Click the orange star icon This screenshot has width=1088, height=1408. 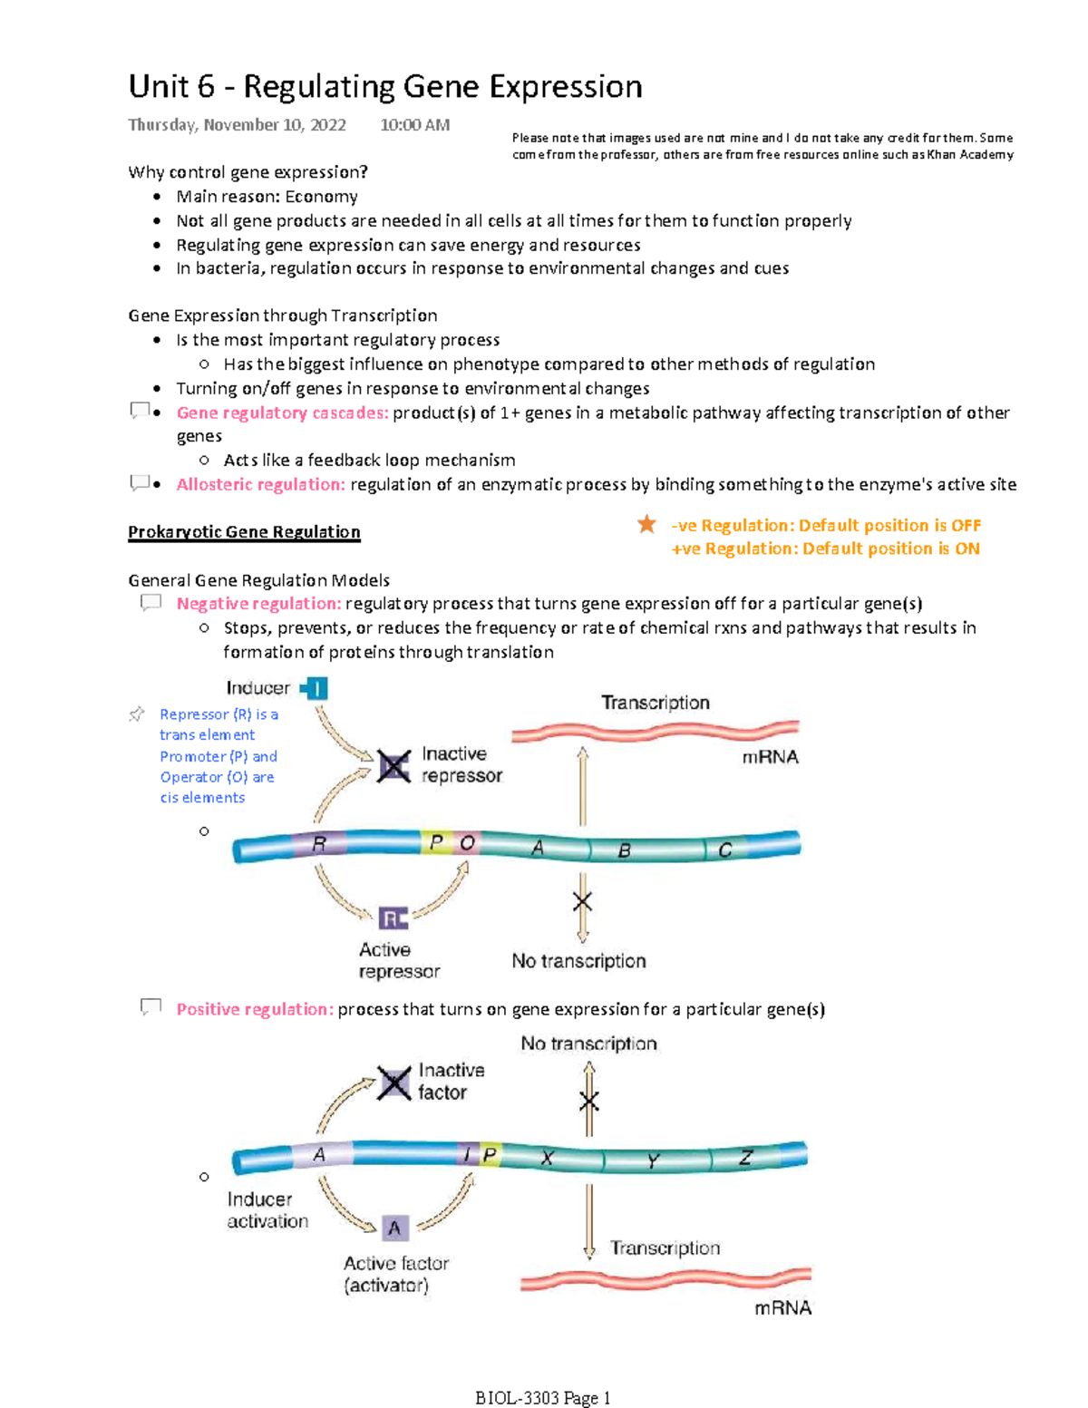pyautogui.click(x=646, y=524)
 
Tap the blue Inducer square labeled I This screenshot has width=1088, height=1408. pyautogui.click(x=316, y=689)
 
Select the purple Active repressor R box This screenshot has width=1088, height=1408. pyautogui.click(x=393, y=918)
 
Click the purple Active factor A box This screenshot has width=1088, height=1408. pyautogui.click(x=394, y=1228)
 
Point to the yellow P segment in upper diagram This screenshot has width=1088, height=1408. pyautogui.click(x=436, y=842)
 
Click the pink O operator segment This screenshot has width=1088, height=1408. pyautogui.click(x=467, y=842)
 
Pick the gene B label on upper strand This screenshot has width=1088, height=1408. pyautogui.click(x=625, y=850)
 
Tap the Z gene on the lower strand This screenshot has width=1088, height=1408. pyautogui.click(x=745, y=1158)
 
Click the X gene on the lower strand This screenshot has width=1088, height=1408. pyautogui.click(x=547, y=1158)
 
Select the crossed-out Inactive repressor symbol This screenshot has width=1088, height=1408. pyautogui.click(x=393, y=767)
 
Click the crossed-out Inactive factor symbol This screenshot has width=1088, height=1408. pyautogui.click(x=394, y=1083)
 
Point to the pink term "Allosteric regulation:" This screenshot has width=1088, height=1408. pyautogui.click(x=260, y=484)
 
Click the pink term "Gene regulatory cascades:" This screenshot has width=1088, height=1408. pyautogui.click(x=282, y=413)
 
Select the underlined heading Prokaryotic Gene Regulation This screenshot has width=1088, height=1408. pyautogui.click(x=244, y=532)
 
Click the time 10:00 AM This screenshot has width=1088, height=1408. pyautogui.click(x=414, y=125)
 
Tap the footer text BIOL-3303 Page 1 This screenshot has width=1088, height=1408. pyautogui.click(x=543, y=1398)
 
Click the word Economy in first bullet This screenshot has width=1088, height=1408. pyautogui.click(x=321, y=197)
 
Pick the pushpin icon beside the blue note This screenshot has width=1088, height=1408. pyautogui.click(x=137, y=714)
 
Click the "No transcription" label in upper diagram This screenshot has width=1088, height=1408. pyautogui.click(x=578, y=961)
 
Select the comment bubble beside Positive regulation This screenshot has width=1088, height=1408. pyautogui.click(x=151, y=1007)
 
